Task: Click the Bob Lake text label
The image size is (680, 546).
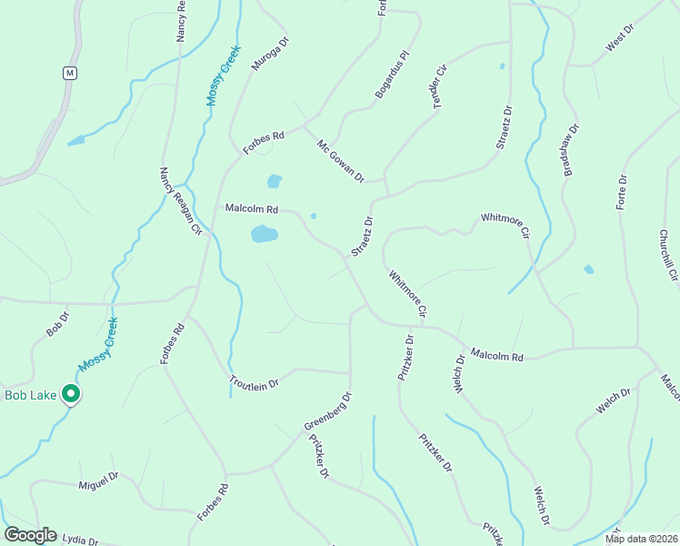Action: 30,395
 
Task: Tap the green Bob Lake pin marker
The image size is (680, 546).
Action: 71,394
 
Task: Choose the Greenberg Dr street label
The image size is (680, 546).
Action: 328,411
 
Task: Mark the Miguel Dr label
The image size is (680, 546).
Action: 98,480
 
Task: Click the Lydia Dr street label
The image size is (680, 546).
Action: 80,540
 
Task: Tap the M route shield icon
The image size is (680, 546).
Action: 70,72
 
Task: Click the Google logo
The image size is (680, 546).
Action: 30,535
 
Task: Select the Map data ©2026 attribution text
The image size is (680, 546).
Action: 640,539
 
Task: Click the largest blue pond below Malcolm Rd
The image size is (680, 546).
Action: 264,234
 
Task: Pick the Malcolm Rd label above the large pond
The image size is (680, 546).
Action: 251,209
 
